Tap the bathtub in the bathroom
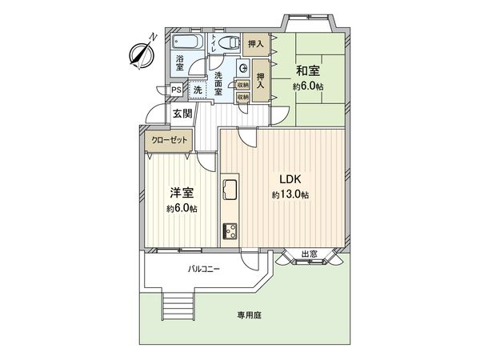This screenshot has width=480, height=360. pos(189,41)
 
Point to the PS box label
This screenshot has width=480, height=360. pos(176,90)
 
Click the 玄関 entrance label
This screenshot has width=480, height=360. pos(182,114)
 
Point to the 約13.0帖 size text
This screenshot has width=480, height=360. pos(290,195)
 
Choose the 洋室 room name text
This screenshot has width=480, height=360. pos(180,193)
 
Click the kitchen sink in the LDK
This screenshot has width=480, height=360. pos(230,191)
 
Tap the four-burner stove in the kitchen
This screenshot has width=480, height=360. pos(230,230)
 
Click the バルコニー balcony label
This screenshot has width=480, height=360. pos(205,270)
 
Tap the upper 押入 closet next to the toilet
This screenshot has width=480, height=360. pos(255,44)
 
